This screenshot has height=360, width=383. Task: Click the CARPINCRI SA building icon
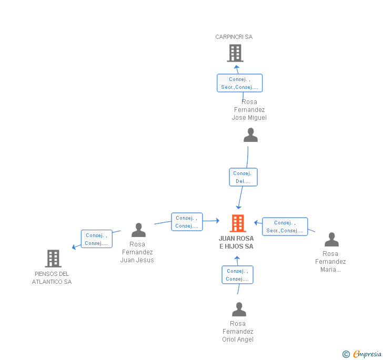[235, 53]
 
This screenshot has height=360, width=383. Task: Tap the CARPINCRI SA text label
[234, 37]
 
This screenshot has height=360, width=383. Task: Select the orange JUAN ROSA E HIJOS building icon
[237, 223]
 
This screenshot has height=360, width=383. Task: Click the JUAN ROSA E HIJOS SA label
[236, 242]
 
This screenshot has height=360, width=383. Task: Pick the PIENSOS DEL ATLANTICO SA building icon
[53, 259]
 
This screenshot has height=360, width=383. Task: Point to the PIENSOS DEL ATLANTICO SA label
[52, 278]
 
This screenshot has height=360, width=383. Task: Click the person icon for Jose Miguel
[250, 136]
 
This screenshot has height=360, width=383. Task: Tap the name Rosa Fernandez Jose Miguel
[249, 110]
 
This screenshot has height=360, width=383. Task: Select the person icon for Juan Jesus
[138, 230]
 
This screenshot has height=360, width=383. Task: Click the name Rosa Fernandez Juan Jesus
[137, 252]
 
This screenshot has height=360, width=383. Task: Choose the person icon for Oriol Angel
[239, 310]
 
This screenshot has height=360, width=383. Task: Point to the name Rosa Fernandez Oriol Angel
[238, 332]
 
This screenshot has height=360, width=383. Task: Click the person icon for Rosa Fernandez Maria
[331, 240]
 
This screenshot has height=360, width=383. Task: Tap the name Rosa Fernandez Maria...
[330, 262]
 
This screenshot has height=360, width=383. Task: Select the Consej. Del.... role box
[243, 177]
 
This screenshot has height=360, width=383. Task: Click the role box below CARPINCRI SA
[239, 83]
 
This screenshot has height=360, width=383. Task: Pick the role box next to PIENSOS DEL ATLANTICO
[97, 239]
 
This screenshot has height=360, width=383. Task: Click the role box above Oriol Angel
[237, 275]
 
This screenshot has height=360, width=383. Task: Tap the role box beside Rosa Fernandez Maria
[285, 227]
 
